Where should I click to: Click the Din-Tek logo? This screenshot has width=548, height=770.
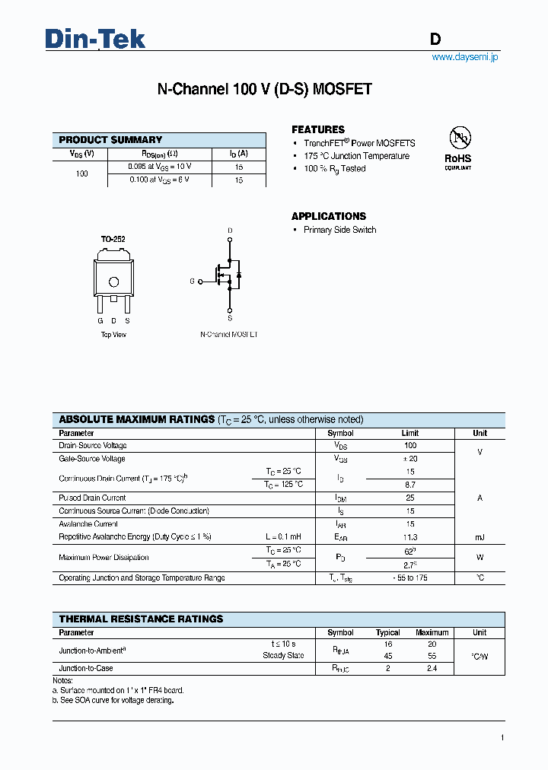95,39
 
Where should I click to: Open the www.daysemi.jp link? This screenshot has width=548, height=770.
464,57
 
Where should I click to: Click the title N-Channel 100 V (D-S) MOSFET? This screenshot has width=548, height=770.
264,89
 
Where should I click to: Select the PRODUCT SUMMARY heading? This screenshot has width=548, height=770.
110,140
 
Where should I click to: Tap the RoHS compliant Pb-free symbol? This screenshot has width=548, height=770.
459,138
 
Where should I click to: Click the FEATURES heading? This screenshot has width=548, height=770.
318,129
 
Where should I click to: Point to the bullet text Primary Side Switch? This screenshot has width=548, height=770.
339,230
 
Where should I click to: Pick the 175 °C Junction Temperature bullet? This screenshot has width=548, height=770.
356,156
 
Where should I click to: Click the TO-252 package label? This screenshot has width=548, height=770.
113,239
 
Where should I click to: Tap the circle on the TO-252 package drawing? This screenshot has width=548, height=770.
114,282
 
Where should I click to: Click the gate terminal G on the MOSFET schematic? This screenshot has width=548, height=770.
193,282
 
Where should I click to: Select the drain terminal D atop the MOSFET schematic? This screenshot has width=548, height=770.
230,231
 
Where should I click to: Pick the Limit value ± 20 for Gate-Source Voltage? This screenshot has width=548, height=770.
410,459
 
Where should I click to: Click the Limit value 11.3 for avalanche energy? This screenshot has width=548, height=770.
410,537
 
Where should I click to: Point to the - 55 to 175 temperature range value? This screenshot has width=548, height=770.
410,578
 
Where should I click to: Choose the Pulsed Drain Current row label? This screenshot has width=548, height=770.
92,498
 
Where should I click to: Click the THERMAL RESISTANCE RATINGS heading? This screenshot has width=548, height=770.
141,619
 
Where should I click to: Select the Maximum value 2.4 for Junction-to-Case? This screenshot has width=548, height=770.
432,669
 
